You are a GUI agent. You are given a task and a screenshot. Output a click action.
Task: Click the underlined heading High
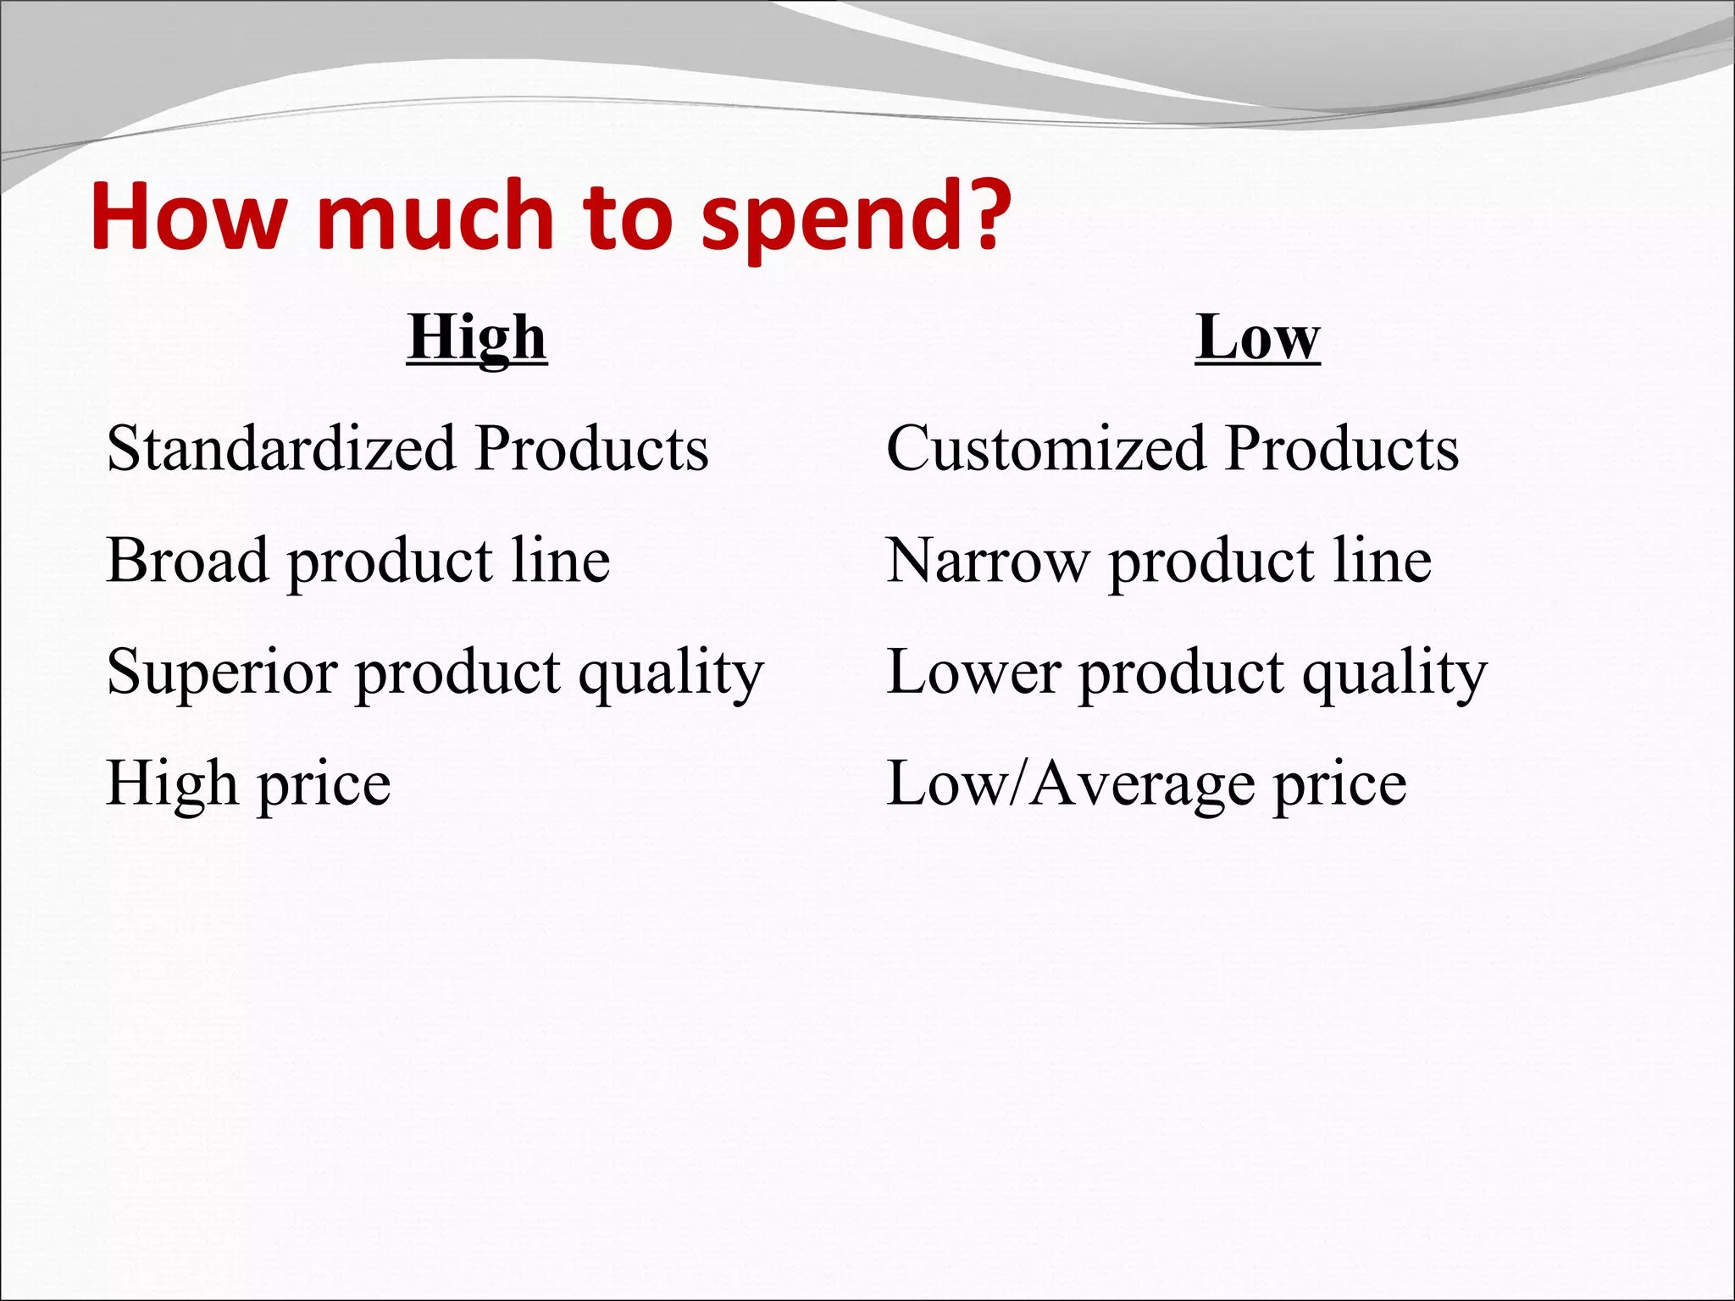(477, 339)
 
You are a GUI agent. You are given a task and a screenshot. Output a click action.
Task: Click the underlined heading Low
(1257, 339)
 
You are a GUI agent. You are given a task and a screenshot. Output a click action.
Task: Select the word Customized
(1045, 448)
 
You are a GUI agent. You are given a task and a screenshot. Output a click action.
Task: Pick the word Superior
(223, 673)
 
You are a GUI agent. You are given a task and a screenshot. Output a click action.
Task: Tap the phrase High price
(248, 783)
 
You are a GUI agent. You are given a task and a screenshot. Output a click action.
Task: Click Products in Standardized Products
(591, 448)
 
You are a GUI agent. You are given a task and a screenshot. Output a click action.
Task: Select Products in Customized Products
(1342, 448)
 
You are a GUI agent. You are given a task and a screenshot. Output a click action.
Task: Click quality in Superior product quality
(671, 674)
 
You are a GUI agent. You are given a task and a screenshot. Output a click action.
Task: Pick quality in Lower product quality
(1394, 674)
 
